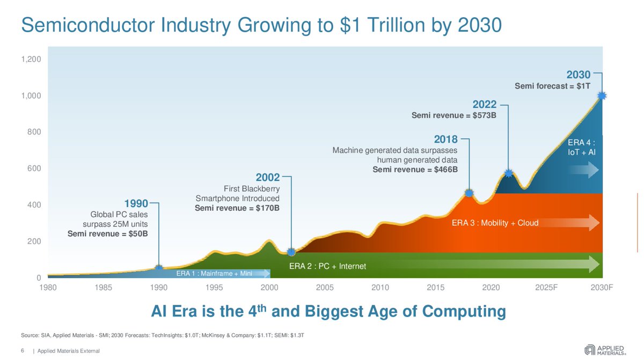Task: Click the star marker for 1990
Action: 159,268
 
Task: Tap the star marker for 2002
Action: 291,252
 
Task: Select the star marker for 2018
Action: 469,193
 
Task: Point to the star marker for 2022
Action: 508,173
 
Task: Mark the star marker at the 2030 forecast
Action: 602,95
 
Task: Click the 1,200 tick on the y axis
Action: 30,59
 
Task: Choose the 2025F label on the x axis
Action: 546,288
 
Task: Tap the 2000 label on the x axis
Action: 269,288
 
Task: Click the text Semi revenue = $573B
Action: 453,115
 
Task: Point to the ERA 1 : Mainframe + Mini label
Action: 214,274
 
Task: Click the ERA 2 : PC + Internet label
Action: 327,266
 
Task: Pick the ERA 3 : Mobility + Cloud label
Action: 495,223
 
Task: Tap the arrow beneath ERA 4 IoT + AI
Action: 583,171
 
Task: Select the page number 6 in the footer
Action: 23,351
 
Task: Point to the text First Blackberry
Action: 252,189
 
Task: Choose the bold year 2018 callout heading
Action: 445,139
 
